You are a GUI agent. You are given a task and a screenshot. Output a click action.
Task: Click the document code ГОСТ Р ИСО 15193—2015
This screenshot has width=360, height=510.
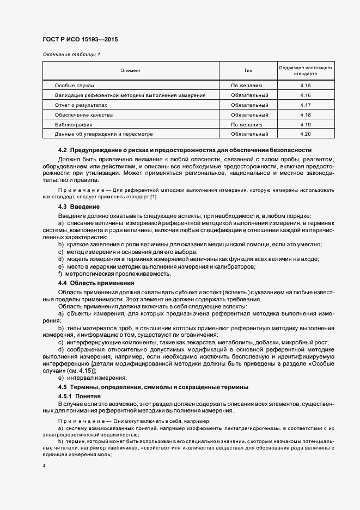point(81,40)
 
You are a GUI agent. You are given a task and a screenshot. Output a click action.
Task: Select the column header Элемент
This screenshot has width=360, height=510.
point(131,71)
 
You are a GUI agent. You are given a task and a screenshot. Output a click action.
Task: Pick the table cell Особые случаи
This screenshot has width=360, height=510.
point(75,86)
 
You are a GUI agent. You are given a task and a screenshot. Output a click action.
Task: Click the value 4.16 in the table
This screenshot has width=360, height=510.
point(305,95)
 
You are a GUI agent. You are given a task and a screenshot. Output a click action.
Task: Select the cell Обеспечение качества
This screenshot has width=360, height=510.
point(83,114)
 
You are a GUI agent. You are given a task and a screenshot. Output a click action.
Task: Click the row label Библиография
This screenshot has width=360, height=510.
point(74,124)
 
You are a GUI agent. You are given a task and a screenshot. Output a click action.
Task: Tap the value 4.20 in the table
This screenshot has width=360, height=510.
point(305,133)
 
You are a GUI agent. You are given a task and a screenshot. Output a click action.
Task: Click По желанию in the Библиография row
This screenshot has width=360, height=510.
point(247,124)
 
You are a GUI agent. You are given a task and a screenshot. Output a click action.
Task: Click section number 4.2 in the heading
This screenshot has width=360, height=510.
point(62,150)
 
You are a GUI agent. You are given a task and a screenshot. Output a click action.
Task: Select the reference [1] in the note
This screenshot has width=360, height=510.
point(154,196)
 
